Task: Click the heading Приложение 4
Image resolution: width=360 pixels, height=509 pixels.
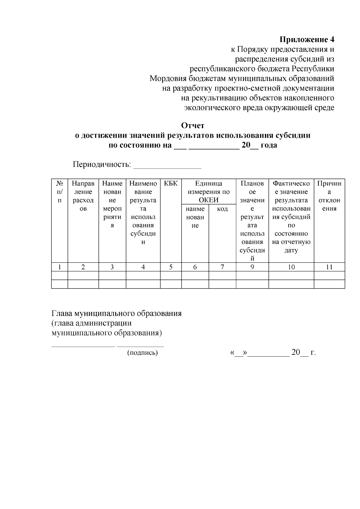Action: pyautogui.click(x=307, y=40)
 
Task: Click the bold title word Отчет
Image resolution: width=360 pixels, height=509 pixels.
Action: pyautogui.click(x=193, y=125)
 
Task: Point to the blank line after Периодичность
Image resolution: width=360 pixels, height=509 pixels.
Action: pyautogui.click(x=167, y=165)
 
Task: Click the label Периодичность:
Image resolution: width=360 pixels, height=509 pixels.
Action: pyautogui.click(x=102, y=165)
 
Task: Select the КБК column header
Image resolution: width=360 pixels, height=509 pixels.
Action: pyautogui.click(x=171, y=184)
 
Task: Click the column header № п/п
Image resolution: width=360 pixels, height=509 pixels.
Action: pyautogui.click(x=59, y=192)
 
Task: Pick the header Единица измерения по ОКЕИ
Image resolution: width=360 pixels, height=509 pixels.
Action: pyautogui.click(x=208, y=192)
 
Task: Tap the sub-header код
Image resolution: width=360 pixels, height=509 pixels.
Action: pyautogui.click(x=222, y=209)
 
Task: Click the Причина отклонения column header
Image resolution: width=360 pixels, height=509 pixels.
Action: pyautogui.click(x=329, y=196)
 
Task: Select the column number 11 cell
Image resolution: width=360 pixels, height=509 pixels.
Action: pyautogui.click(x=329, y=267)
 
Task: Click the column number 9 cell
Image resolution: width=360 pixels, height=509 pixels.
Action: pyautogui.click(x=252, y=267)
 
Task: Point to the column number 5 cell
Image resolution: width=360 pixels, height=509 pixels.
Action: pyautogui.click(x=171, y=267)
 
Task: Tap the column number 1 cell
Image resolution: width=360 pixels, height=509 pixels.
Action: pyautogui.click(x=59, y=267)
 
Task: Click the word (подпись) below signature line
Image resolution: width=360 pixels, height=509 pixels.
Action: pyautogui.click(x=142, y=353)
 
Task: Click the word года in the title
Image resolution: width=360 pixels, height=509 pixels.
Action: pyautogui.click(x=268, y=145)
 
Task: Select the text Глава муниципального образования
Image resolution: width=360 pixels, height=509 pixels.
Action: pyautogui.click(x=116, y=313)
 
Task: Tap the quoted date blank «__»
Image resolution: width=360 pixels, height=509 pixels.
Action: pyautogui.click(x=238, y=353)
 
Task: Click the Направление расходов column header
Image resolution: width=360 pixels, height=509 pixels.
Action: pyautogui.click(x=83, y=196)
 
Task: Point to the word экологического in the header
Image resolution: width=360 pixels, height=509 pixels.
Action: pyautogui.click(x=212, y=108)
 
